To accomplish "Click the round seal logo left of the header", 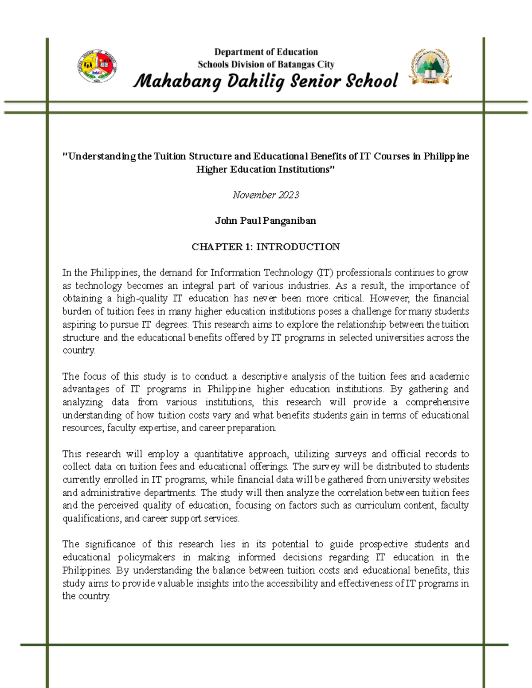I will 97,66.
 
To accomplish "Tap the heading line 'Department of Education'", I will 266,52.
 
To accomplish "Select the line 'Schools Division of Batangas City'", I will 266,64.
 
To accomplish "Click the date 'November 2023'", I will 266,195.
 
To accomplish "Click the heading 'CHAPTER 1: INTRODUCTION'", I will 266,247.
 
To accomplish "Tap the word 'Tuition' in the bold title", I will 170,156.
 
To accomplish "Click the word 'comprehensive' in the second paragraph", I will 437,402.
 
